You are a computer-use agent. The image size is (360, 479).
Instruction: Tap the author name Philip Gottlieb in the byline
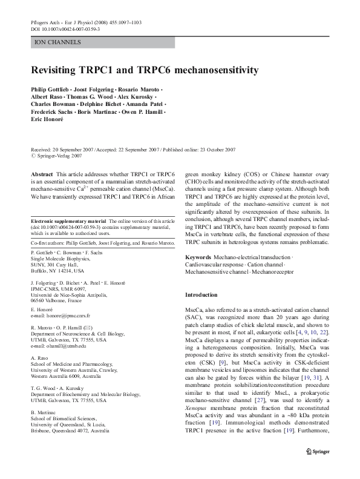pos(52,90)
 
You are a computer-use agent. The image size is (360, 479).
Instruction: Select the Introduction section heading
pos(201,295)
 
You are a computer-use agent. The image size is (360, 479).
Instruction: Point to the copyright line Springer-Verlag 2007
pos(55,156)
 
